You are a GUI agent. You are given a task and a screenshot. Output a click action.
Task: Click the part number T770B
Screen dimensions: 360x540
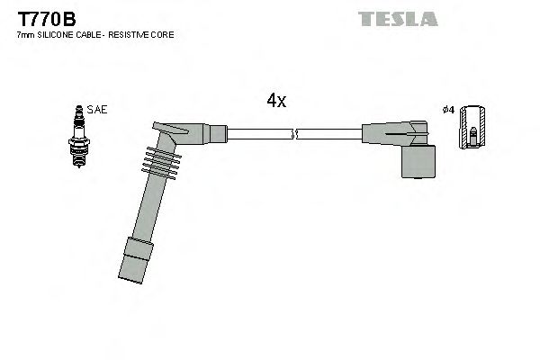[x=42, y=17]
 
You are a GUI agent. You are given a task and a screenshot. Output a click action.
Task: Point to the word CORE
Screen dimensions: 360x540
[x=164, y=35]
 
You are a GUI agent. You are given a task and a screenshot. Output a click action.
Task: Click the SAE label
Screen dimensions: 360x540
[x=97, y=109]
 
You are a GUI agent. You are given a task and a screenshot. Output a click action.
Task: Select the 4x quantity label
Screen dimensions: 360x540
[x=276, y=102]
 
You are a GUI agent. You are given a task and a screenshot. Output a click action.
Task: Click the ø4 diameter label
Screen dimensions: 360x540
[x=448, y=109]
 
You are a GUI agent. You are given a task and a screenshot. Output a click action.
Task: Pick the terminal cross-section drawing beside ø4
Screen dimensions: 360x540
[x=472, y=128]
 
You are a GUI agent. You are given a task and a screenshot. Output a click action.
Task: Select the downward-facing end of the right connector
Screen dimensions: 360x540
[x=418, y=163]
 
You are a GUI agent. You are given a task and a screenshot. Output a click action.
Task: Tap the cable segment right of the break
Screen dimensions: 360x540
[x=328, y=135]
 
